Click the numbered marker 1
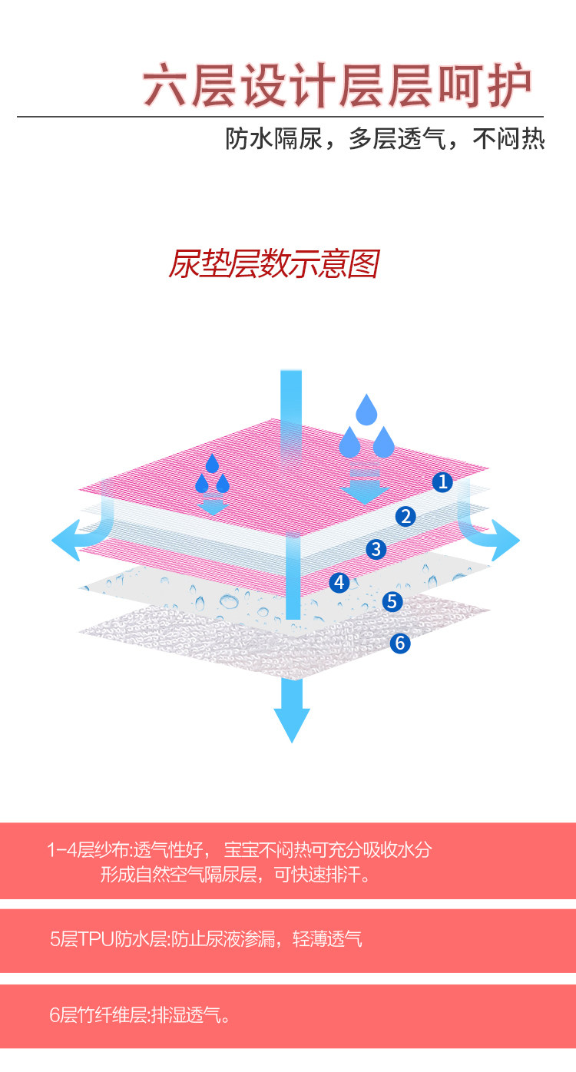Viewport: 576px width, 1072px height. (x=442, y=482)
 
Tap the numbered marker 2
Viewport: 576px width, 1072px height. (x=406, y=516)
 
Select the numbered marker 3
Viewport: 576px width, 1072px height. (x=376, y=549)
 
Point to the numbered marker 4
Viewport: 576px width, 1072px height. (x=339, y=582)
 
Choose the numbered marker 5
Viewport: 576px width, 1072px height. (x=392, y=601)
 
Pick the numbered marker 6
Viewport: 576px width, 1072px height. (x=399, y=643)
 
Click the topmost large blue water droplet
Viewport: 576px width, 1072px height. (x=366, y=410)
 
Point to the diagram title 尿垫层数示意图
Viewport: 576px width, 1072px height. (x=273, y=264)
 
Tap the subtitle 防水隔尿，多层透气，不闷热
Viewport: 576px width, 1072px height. (x=385, y=139)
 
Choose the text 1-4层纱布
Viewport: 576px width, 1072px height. (x=88, y=850)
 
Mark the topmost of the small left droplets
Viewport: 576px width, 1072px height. (x=212, y=464)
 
